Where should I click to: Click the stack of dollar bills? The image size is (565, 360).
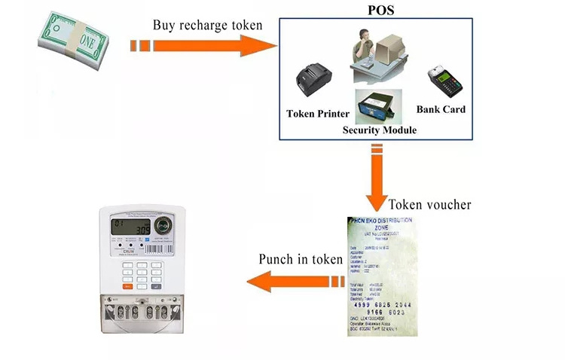[72, 42]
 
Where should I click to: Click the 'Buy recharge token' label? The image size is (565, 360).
[207, 25]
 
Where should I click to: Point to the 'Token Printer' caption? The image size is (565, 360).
[318, 114]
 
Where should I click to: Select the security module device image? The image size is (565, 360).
[378, 106]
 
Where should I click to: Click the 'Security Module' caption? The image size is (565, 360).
[380, 130]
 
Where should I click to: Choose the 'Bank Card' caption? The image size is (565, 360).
[441, 109]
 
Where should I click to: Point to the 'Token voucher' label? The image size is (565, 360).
[429, 205]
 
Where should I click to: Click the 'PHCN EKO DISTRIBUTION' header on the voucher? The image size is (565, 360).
[380, 224]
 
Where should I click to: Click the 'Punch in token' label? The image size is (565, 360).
[301, 260]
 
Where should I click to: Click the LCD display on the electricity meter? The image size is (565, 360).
[130, 225]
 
